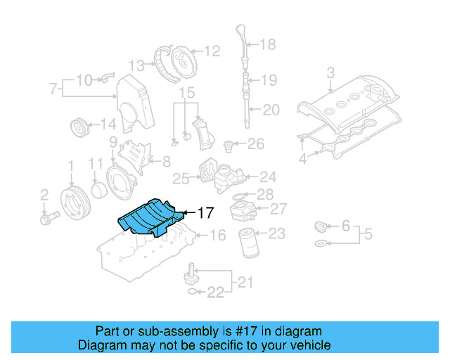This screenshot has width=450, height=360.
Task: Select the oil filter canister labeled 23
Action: coord(248,242)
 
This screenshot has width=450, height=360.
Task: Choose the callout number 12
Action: coord(212,51)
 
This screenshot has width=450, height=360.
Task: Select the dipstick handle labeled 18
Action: coord(240,36)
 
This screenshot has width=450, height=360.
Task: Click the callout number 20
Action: coord(271,109)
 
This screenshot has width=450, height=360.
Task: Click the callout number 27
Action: coord(278,209)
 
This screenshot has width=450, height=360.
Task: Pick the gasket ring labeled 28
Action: coord(239,195)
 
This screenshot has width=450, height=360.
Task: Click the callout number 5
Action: coord(368,235)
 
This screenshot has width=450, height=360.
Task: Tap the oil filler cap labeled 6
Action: coord(320,226)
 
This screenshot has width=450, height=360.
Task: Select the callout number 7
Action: coord(53,89)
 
